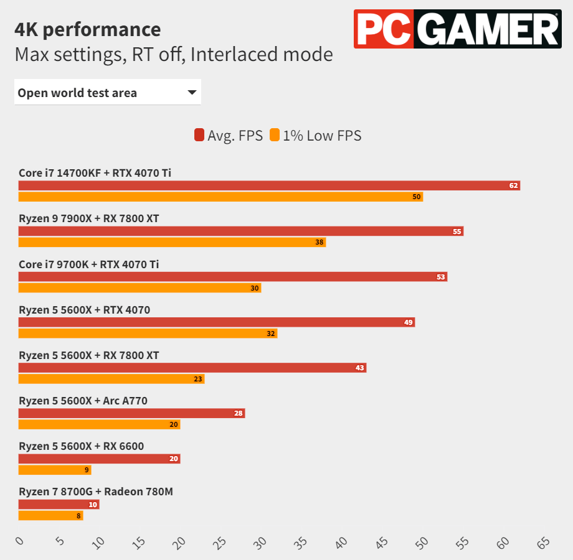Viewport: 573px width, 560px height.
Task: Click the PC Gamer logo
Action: coord(457,29)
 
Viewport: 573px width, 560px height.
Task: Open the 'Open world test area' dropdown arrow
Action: coord(192,93)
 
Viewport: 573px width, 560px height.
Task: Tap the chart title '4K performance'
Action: coord(88,29)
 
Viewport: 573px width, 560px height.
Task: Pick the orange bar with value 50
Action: coord(220,197)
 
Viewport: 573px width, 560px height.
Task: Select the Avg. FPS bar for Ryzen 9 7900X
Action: coord(240,231)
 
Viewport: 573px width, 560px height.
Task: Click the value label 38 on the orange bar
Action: coord(320,242)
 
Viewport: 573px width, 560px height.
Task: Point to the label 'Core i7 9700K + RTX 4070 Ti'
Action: coord(89,264)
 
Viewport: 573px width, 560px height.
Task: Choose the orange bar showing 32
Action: coord(148,334)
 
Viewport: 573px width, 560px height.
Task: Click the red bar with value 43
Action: coord(192,368)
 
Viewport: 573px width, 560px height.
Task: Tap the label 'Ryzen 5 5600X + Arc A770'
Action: coord(83,401)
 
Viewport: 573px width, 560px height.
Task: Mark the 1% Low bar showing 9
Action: coord(55,470)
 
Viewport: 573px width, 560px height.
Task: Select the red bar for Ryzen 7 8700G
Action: coord(59,504)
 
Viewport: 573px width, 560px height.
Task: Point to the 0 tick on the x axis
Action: coord(19,541)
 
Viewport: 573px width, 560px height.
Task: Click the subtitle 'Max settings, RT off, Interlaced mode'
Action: coord(174,55)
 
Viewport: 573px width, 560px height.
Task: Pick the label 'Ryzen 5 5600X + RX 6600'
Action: coord(82,446)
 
